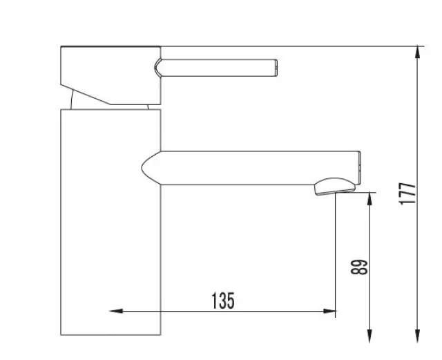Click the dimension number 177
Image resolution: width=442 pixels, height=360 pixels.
click(407, 193)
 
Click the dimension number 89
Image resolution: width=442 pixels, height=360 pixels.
click(359, 267)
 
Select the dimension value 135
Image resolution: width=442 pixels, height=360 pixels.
click(222, 301)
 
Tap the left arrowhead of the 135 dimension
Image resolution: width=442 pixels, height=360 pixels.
click(116, 311)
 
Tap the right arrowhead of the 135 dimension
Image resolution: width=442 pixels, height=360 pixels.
click(329, 311)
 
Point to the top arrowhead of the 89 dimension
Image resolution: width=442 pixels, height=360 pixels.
click(370, 199)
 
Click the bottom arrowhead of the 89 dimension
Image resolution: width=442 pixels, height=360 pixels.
click(370, 336)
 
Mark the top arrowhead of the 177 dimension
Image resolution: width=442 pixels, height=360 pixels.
click(418, 53)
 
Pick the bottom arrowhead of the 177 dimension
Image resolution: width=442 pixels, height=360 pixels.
click(418, 336)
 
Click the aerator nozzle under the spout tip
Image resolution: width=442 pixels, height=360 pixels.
click(334, 186)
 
